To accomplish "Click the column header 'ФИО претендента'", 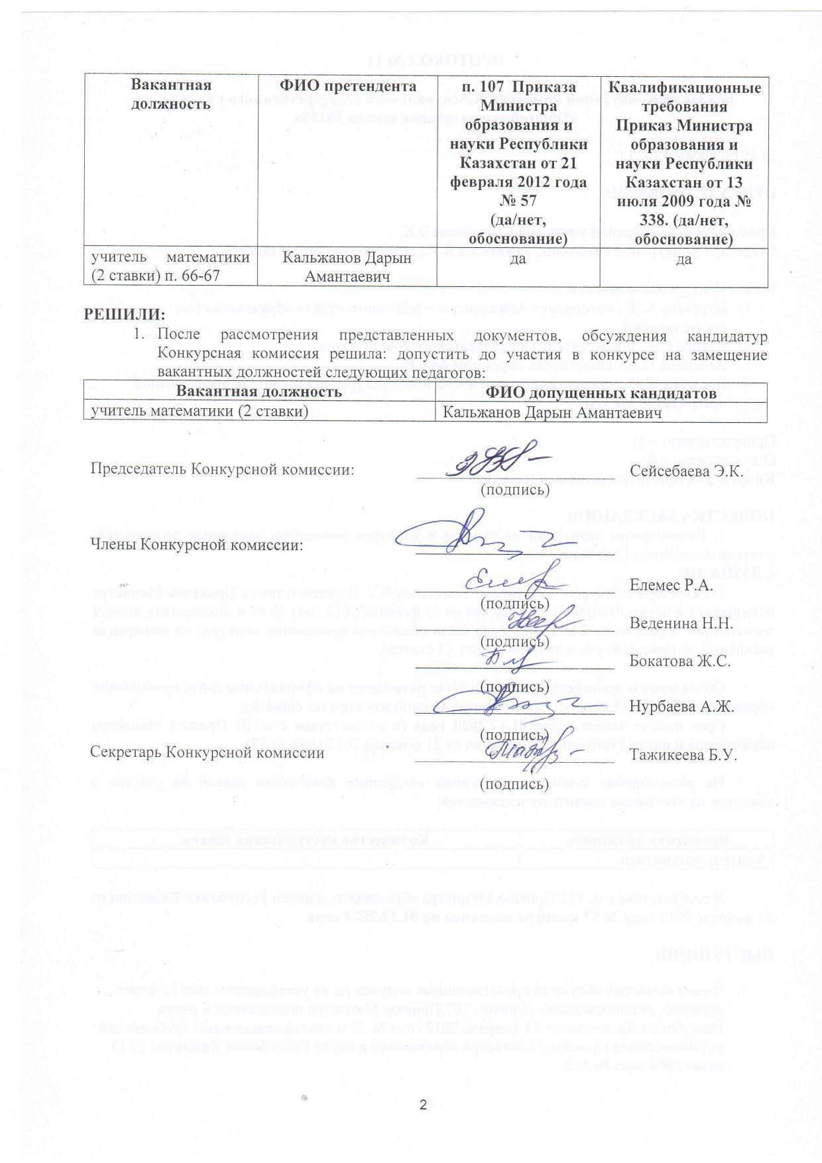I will [x=348, y=86].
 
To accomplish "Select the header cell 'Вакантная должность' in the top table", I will [x=171, y=95].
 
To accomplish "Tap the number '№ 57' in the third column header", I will [x=518, y=201].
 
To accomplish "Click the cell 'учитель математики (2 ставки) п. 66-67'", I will [x=170, y=266].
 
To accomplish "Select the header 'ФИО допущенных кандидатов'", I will [x=601, y=393].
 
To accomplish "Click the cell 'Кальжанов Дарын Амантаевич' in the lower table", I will [x=553, y=413].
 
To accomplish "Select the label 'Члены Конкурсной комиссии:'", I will [x=197, y=545].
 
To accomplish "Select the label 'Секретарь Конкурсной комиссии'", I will [x=207, y=753].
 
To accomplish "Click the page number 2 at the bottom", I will [x=423, y=1105].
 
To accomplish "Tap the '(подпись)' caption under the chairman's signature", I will [x=515, y=490].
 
